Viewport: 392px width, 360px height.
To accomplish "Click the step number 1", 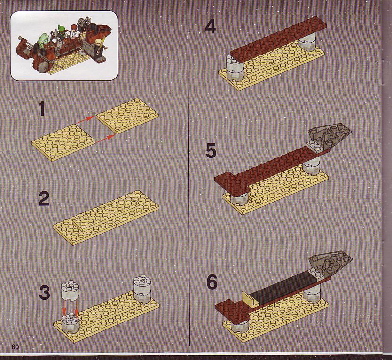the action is tap(42, 109).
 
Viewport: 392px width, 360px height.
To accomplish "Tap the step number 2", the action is tap(44, 198).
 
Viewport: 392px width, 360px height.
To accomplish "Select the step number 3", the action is tap(45, 292).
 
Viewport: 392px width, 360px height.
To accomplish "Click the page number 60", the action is tap(15, 347).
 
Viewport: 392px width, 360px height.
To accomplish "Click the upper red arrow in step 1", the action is tap(86, 119).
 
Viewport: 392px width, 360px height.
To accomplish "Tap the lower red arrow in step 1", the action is tap(105, 139).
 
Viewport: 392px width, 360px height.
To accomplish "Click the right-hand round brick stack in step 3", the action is tap(142, 289).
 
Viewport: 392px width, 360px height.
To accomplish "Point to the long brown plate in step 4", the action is tap(278, 40).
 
